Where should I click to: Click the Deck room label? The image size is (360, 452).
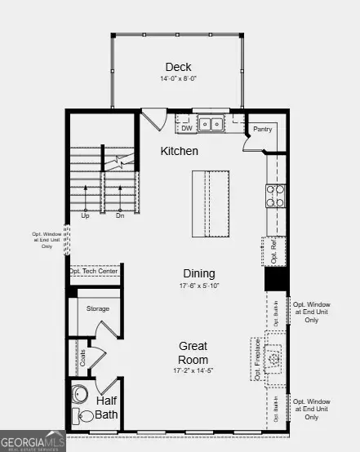tap(178, 67)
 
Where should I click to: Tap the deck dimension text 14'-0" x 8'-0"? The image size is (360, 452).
tap(178, 79)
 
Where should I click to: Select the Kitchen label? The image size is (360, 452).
tap(179, 151)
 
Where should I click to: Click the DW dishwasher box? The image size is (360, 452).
tap(186, 127)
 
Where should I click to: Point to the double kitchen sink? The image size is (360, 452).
tap(212, 124)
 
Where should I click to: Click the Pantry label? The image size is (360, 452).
tap(262, 129)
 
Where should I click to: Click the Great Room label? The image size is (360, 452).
tap(193, 352)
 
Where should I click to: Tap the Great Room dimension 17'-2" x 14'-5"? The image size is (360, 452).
tap(193, 370)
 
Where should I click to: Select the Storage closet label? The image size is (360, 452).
tap(99, 308)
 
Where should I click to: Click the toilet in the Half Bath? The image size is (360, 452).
tap(85, 417)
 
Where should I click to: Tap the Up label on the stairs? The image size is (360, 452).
tap(85, 215)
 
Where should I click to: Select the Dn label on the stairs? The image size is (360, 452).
tap(120, 215)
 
